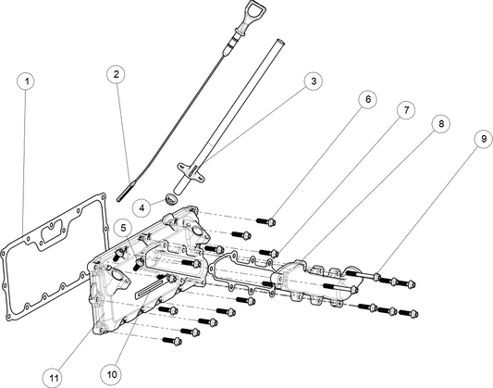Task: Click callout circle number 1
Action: [x=27, y=81]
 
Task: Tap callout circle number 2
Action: [x=116, y=74]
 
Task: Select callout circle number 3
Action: [x=314, y=81]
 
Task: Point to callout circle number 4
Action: [x=142, y=207]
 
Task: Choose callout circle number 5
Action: [x=123, y=228]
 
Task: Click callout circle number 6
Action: [x=367, y=99]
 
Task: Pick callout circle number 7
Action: [x=406, y=110]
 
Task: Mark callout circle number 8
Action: [x=440, y=124]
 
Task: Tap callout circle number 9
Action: [x=483, y=139]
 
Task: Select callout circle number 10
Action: [x=112, y=374]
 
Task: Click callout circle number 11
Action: [x=54, y=377]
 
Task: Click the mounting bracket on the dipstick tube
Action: [x=191, y=172]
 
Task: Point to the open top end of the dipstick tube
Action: [x=279, y=41]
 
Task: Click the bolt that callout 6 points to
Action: [x=266, y=221]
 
